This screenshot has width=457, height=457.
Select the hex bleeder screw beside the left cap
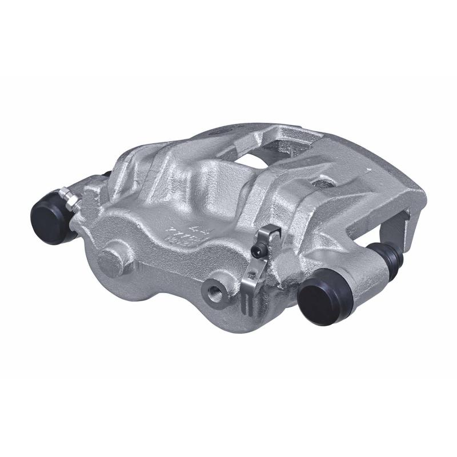click(x=70, y=199)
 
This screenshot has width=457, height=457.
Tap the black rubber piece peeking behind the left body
click(x=106, y=174)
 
